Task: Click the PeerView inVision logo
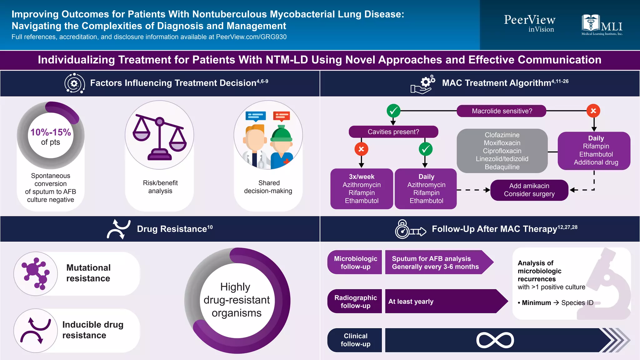coord(530,23)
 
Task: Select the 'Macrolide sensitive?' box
coord(501,111)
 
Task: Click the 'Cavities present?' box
coord(393,132)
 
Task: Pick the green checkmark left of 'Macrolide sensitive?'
coord(393,111)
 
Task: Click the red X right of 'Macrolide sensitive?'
coord(593,111)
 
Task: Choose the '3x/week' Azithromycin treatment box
coord(362,189)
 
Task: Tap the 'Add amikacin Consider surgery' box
coord(529,190)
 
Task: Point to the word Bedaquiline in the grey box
coord(502,167)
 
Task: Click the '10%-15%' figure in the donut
coord(51,132)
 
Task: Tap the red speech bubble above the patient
coord(281,116)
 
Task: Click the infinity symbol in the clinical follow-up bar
coord(495,340)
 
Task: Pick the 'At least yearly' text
coord(411,302)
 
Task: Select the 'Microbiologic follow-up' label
coord(355,262)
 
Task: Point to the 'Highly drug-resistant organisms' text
coord(237,300)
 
